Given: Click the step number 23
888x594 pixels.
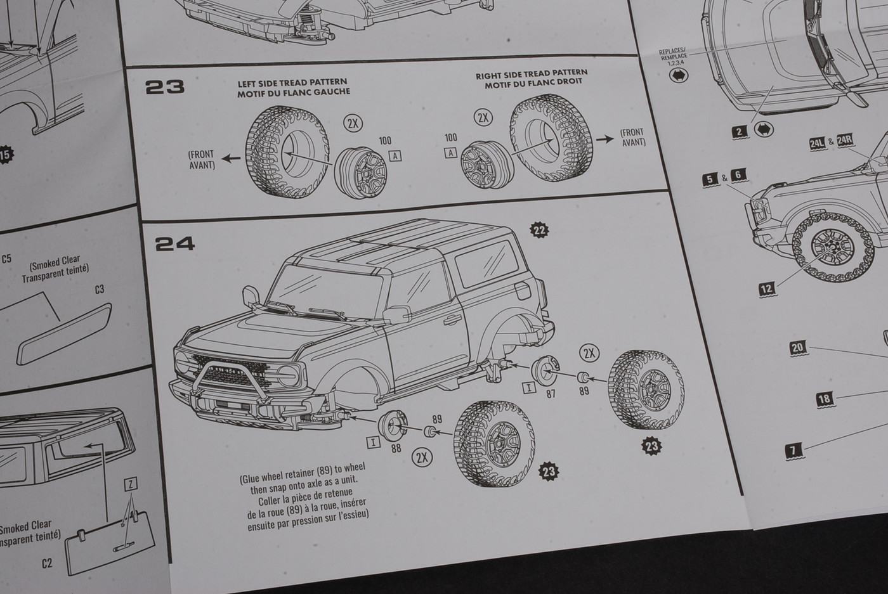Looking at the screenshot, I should click(x=165, y=87).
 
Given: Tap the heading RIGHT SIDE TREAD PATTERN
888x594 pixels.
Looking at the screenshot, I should click(x=532, y=75).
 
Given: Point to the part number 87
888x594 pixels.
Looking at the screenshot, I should click(x=551, y=393).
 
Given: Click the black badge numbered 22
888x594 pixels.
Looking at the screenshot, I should click(x=540, y=230).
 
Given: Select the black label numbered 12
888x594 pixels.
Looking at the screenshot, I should click(x=767, y=289).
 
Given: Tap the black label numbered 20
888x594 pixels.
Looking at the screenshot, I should click(x=797, y=347).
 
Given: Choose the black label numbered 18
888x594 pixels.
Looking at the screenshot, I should click(x=824, y=399).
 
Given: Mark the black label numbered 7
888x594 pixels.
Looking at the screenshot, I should click(x=793, y=451).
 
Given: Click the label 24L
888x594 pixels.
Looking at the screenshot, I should click(x=817, y=144).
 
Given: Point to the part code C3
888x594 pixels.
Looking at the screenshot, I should click(x=99, y=289).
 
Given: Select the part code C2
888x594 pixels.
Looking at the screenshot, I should click(x=46, y=563).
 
